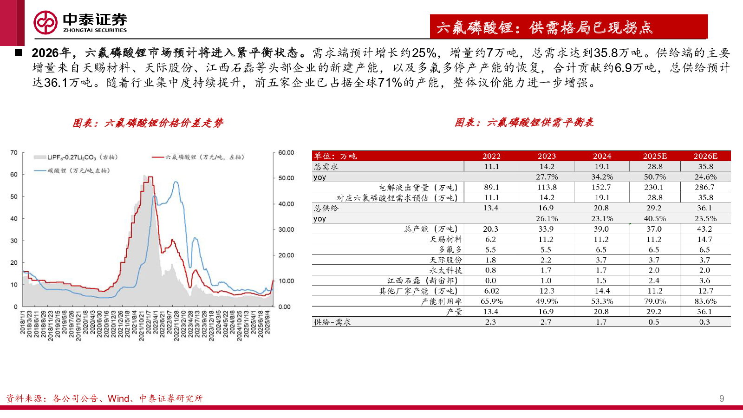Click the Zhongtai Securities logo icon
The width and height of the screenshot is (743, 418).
pyautogui.click(x=46, y=22)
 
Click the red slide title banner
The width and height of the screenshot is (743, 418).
pyautogui.click(x=568, y=27)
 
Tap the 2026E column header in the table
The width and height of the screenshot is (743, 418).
pyautogui.click(x=705, y=156)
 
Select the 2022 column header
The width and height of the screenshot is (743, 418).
pyautogui.click(x=491, y=156)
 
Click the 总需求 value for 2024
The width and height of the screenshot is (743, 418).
pyautogui.click(x=602, y=166)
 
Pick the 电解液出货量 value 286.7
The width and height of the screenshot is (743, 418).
pyautogui.click(x=704, y=187)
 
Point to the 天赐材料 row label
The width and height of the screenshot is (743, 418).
pyautogui.click(x=445, y=239)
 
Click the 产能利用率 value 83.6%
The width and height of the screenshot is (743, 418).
pyautogui.click(x=705, y=301)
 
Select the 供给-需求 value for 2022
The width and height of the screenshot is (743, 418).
pyautogui.click(x=490, y=322)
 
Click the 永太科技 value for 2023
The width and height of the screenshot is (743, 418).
pyautogui.click(x=546, y=270)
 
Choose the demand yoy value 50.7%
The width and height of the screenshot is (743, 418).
pyautogui.click(x=655, y=177)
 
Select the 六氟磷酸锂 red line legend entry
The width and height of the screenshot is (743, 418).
pyautogui.click(x=199, y=157)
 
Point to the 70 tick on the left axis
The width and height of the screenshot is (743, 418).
pyautogui.click(x=14, y=152)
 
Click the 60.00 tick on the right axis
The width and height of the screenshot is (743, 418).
pyautogui.click(x=286, y=152)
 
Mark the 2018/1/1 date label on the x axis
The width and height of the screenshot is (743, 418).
pyautogui.click(x=22, y=323)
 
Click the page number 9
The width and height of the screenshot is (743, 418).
pyautogui.click(x=721, y=398)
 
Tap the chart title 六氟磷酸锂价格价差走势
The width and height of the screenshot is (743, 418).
pyautogui.click(x=148, y=123)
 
